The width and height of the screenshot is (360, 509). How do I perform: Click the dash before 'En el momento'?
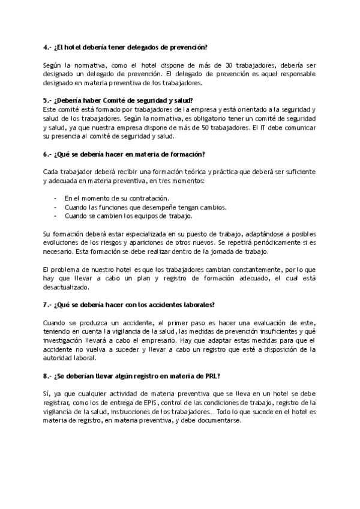pos(55,198)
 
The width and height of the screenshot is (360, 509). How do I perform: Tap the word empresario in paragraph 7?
pos(149,340)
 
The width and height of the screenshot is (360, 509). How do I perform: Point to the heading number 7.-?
pos(47,305)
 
